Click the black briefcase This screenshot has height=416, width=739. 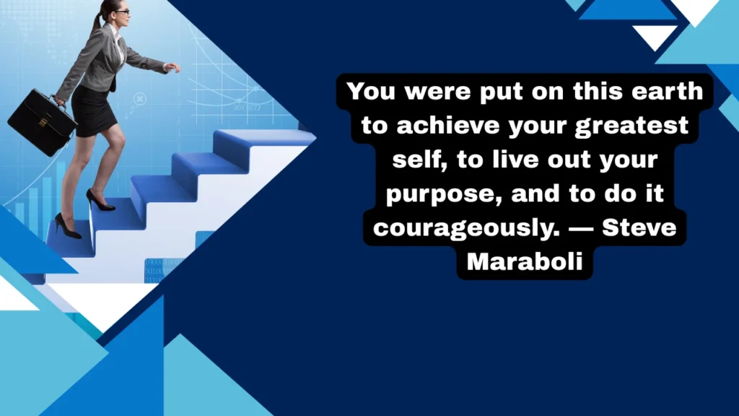[41, 122]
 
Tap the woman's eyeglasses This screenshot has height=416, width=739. [122, 12]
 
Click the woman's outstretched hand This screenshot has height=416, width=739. [172, 67]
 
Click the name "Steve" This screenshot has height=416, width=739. [639, 228]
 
